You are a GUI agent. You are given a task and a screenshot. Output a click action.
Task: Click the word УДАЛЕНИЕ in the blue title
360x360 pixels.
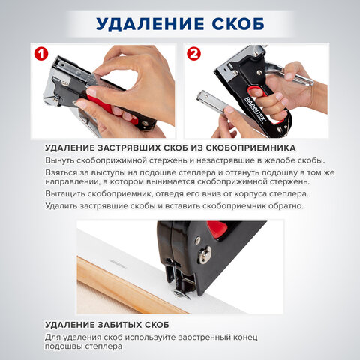141,23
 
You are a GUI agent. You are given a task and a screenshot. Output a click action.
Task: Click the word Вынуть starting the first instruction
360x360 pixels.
61,161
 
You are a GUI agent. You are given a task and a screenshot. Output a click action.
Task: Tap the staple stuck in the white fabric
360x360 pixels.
119,262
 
